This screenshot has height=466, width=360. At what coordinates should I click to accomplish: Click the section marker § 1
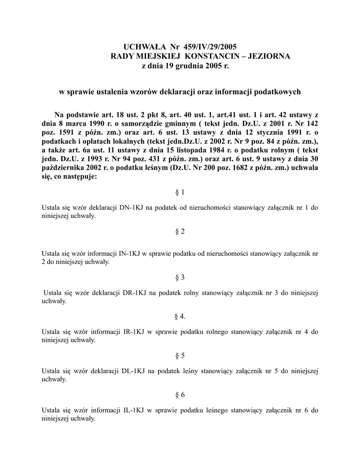[180, 192]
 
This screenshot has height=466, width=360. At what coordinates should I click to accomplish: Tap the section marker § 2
[180, 232]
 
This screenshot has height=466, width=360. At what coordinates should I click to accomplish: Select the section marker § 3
[180, 277]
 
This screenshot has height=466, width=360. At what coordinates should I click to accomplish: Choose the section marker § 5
[180, 355]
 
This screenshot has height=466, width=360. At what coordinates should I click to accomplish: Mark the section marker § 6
[180, 395]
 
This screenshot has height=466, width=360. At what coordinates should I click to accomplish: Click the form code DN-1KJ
[134, 208]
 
